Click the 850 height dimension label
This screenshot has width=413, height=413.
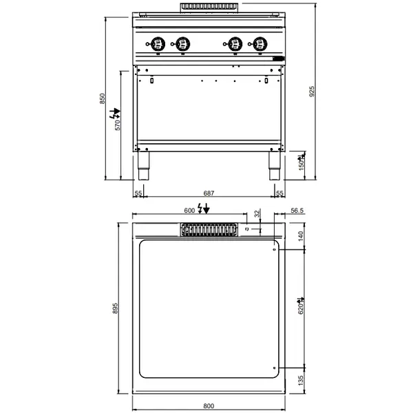103,98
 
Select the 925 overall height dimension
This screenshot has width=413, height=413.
312,91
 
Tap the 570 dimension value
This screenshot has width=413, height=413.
117,125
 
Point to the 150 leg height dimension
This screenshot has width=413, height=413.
301,166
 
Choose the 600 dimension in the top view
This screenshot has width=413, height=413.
189,209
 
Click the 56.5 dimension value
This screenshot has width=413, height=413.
297,212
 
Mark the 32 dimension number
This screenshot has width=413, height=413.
257,213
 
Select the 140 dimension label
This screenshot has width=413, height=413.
300,235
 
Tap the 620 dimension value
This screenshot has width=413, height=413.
300,310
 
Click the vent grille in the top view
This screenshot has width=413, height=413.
207,229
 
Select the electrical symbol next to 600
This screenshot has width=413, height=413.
203,209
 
